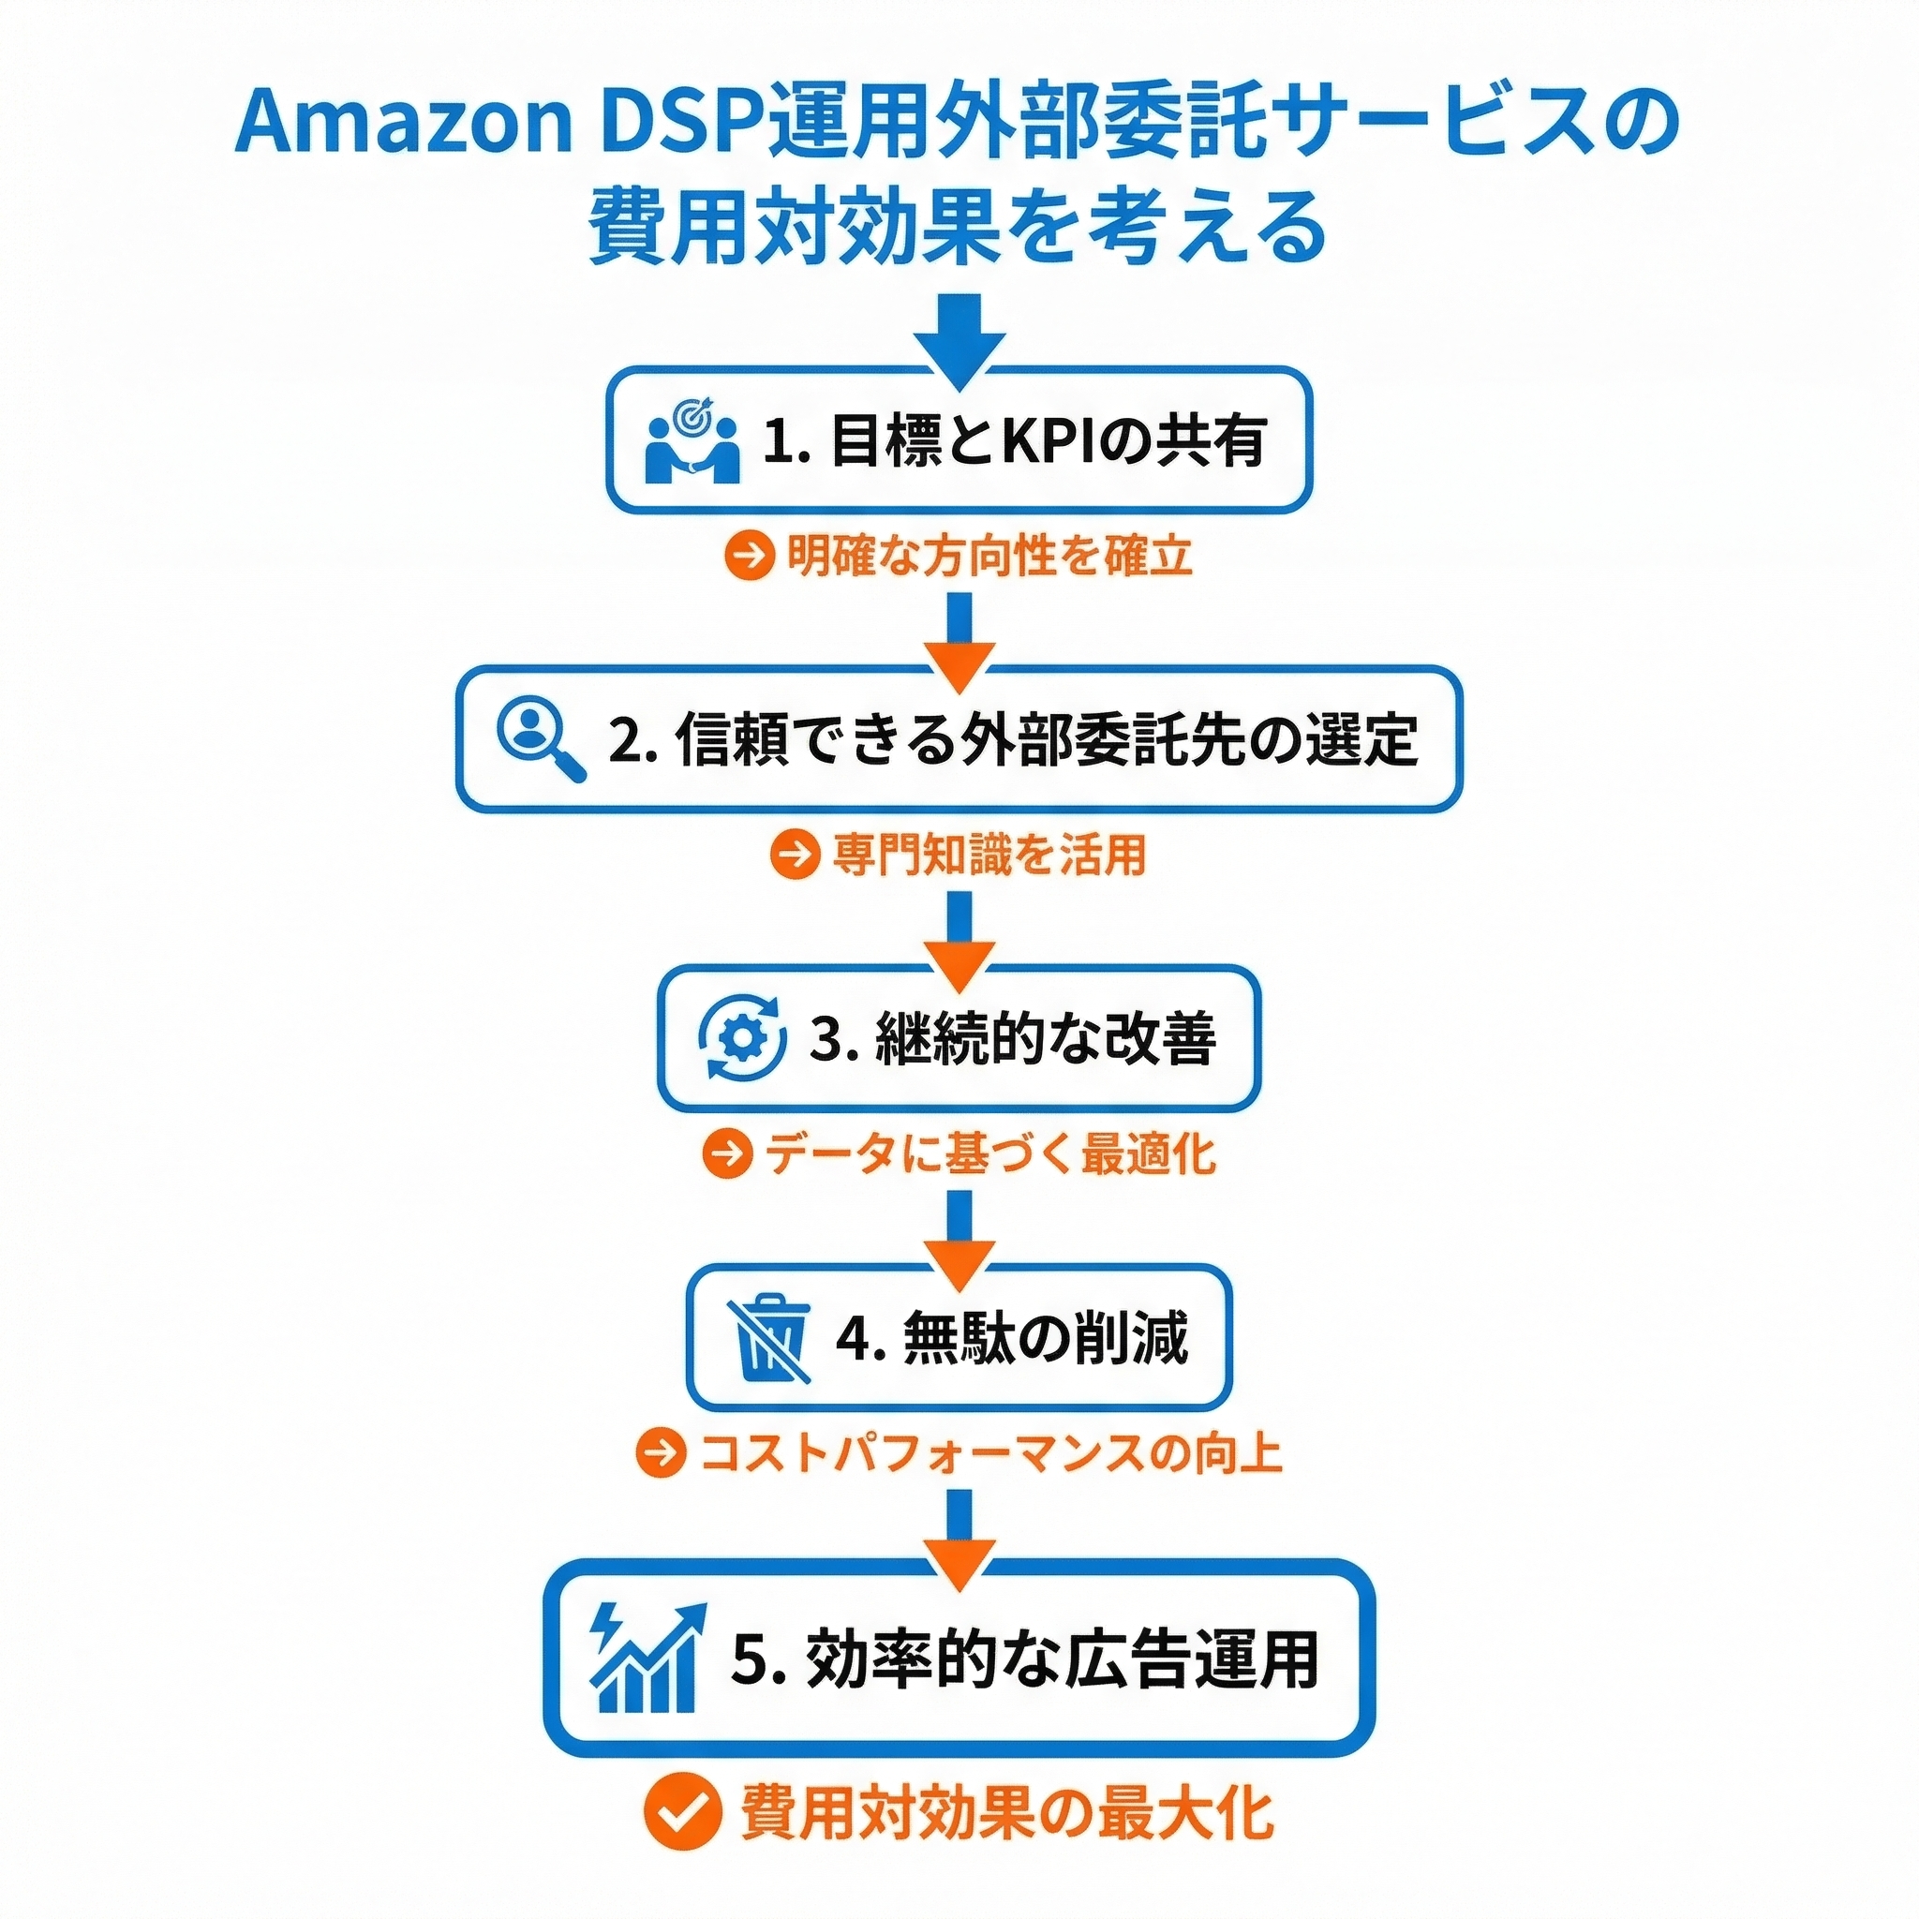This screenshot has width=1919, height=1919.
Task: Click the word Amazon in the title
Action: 402,123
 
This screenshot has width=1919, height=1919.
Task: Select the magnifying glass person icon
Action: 540,740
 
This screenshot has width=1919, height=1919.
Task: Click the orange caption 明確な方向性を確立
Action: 989,556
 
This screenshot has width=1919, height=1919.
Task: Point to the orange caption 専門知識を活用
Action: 989,855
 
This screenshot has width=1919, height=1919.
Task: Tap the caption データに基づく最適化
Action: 989,1154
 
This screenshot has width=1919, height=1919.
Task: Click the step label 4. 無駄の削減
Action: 1012,1338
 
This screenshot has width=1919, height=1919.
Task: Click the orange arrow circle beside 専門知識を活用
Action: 795,855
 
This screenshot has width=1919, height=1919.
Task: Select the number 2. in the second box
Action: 632,741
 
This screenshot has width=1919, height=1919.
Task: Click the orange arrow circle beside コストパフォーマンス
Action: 661,1453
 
